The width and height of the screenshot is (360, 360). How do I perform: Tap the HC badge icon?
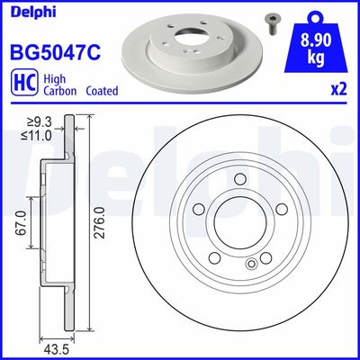(x=20, y=85)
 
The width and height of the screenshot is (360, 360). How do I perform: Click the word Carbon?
(x=55, y=91)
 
